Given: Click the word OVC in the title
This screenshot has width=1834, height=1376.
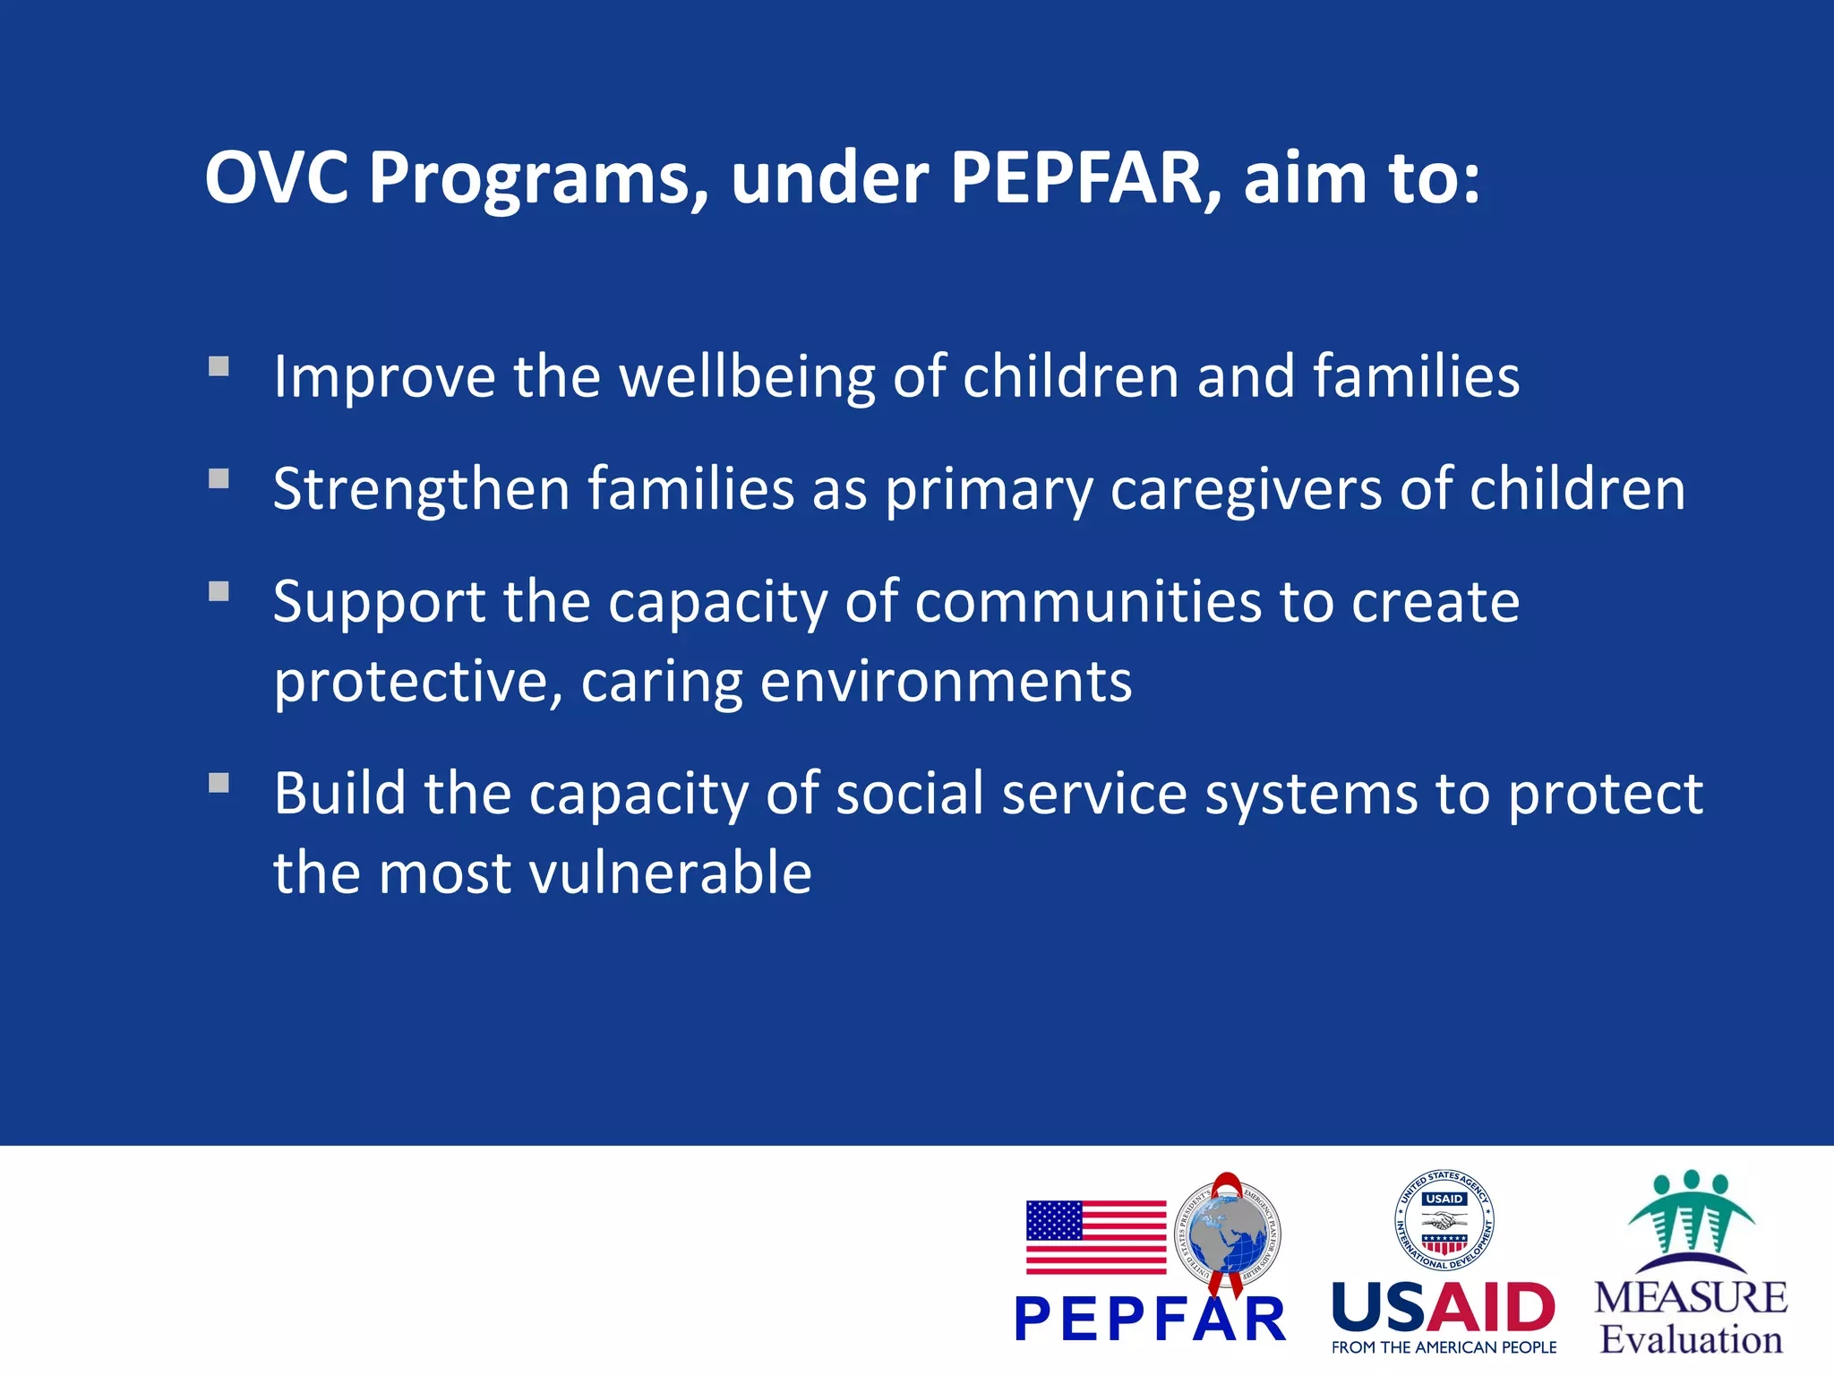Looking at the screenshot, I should (x=277, y=177).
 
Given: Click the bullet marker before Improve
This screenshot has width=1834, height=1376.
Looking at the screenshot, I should (x=219, y=366).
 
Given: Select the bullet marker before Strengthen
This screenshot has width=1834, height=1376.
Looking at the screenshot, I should (x=219, y=478).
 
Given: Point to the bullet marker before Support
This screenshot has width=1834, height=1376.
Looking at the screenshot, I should (x=219, y=591).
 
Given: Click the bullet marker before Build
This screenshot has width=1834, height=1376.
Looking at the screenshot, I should (x=219, y=784).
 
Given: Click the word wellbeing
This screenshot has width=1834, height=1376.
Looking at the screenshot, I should (x=747, y=376).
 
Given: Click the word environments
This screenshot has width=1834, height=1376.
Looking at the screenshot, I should (x=946, y=682).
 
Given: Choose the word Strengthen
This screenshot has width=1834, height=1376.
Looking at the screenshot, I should (x=421, y=489).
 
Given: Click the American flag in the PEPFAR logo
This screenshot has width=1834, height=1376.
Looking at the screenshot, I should (x=1095, y=1237).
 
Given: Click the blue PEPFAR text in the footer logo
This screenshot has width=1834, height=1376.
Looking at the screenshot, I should (x=1150, y=1319).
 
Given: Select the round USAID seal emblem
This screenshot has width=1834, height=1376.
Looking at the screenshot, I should (x=1444, y=1220).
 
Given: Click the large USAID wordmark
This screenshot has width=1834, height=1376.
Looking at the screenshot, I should (x=1444, y=1307).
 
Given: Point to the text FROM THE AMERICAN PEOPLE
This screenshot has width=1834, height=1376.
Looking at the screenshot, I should (x=1444, y=1347).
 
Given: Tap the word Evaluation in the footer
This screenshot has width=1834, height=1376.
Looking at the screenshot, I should (x=1691, y=1340).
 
